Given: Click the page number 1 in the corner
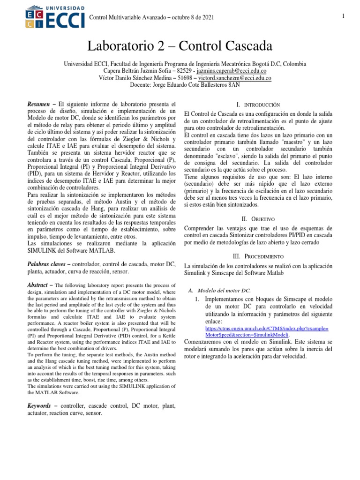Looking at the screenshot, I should click(x=344, y=17).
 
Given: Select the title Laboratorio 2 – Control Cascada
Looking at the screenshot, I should click(x=180, y=46).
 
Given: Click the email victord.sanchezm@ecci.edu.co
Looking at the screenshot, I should click(x=235, y=78).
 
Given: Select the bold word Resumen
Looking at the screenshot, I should click(x=40, y=104).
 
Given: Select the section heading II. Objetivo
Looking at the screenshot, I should click(x=258, y=219).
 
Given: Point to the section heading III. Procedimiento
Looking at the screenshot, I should click(x=258, y=256).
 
